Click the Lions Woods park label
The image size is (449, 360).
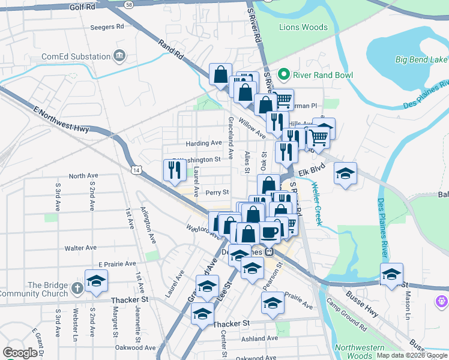click(x=303, y=27)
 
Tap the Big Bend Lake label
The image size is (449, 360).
click(x=421, y=59)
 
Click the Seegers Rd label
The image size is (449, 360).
click(x=106, y=27)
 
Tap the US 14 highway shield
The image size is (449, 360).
click(x=137, y=171)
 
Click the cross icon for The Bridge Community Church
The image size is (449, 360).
click(x=76, y=289)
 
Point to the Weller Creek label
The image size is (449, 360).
click(x=317, y=203)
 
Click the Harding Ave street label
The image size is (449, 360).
click(x=203, y=143)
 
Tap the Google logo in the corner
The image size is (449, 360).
click(x=20, y=353)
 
